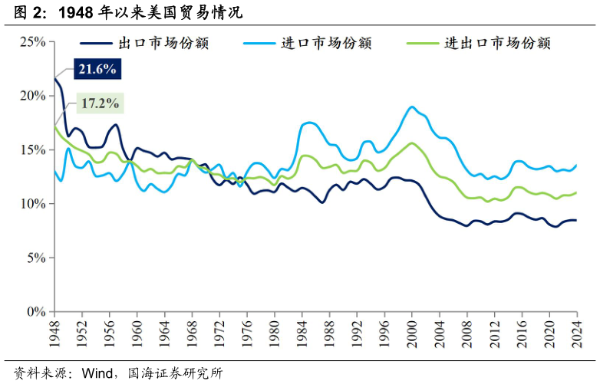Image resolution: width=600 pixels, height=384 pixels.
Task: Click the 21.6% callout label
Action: [x=97, y=70]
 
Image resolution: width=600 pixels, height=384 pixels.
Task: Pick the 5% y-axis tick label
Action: [x=36, y=258]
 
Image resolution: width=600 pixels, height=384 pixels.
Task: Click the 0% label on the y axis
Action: [x=36, y=312]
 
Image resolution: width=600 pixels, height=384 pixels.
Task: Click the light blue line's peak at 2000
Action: [x=412, y=107]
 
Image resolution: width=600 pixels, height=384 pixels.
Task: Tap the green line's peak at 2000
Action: [x=412, y=143]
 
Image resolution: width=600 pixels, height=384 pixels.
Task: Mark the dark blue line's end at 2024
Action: [x=576, y=220]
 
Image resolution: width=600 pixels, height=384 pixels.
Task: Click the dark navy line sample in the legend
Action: [x=96, y=43]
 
